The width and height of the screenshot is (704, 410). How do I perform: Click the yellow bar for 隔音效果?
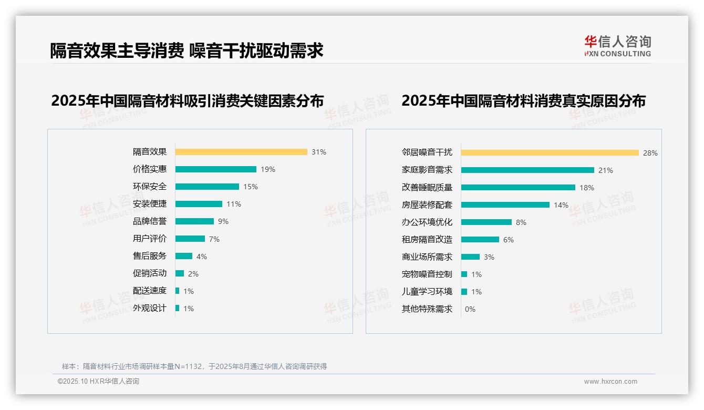tap(241, 152)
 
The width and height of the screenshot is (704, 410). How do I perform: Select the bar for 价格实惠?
tap(216, 169)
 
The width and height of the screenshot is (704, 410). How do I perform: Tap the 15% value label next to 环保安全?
tap(250, 187)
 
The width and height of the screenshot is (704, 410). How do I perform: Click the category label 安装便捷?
tap(149, 204)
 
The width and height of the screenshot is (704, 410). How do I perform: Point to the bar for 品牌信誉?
tap(194, 221)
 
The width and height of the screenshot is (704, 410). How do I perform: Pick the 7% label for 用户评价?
tap(214, 239)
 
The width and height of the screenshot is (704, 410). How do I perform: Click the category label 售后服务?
tap(149, 256)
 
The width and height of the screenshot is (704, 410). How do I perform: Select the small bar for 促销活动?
tap(180, 273)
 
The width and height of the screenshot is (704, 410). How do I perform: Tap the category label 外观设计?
tap(149, 308)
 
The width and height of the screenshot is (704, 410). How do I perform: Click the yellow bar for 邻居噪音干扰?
tap(550, 153)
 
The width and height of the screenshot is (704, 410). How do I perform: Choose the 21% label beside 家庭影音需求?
tap(605, 170)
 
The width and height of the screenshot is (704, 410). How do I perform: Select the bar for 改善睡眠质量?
tap(518, 188)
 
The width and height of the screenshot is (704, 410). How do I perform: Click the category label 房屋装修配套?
tap(427, 205)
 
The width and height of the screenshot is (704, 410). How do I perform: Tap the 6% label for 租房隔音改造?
tap(508, 240)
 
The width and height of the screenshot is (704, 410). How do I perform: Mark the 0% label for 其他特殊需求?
tap(470, 309)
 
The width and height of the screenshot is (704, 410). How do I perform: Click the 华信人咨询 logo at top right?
tap(617, 46)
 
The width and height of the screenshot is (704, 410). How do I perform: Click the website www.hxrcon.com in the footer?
tap(610, 382)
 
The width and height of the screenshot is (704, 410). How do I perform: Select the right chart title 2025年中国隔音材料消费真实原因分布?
tap(523, 101)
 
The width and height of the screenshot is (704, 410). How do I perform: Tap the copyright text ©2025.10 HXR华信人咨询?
tap(98, 382)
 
